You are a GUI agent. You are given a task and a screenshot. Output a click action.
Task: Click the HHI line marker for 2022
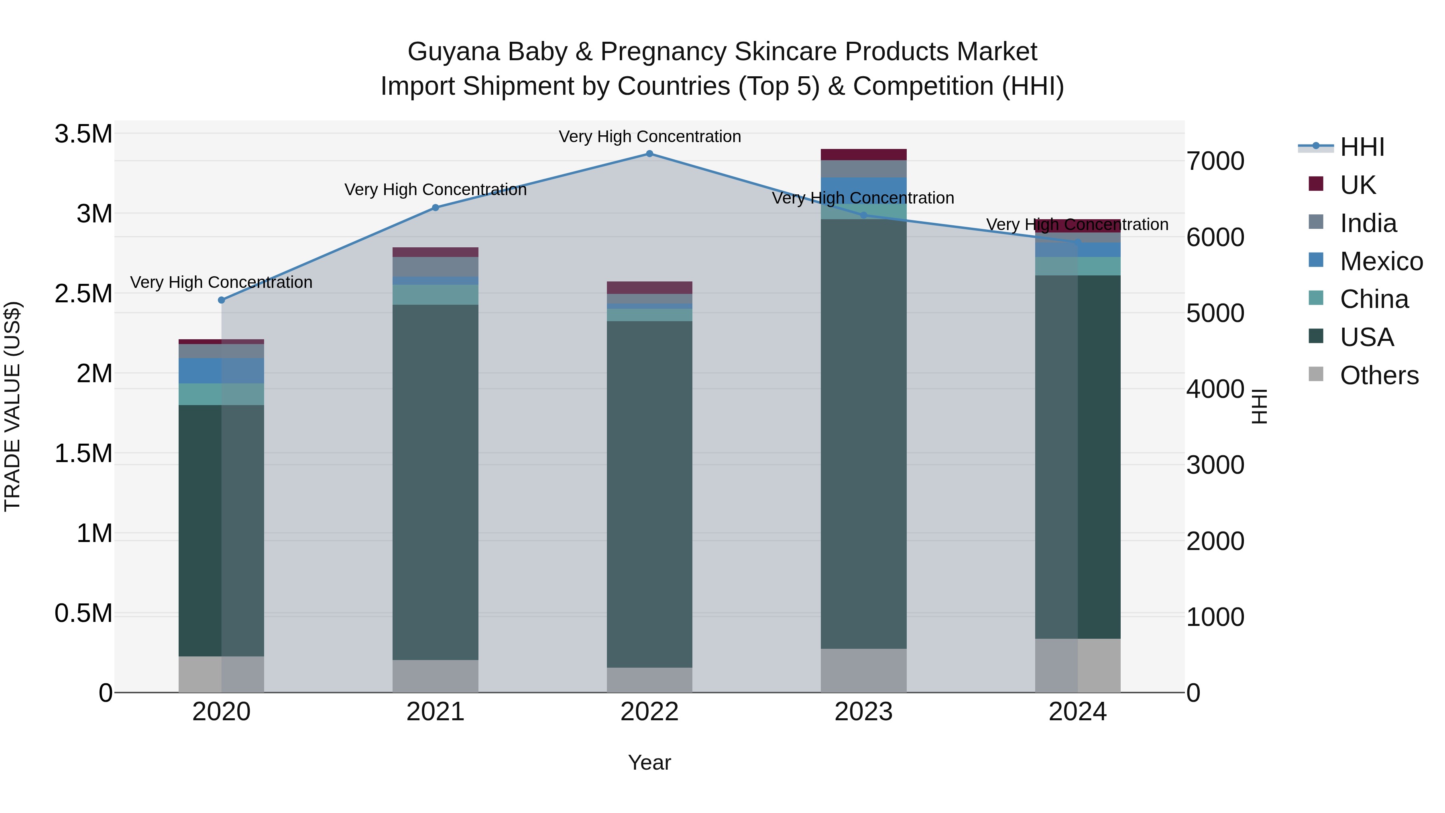click(649, 154)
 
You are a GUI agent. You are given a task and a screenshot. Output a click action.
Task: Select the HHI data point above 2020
click(222, 300)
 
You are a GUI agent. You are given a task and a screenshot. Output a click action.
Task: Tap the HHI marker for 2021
click(435, 208)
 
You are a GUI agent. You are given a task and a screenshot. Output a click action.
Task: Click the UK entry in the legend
click(1357, 185)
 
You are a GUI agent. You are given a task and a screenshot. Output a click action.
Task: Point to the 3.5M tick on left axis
click(83, 134)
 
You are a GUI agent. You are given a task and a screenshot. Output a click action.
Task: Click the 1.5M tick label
click(83, 453)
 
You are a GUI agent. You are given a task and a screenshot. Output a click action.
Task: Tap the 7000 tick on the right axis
click(1215, 161)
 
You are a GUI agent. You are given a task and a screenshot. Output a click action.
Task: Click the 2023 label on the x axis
click(863, 712)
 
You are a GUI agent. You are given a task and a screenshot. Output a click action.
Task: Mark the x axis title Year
click(649, 762)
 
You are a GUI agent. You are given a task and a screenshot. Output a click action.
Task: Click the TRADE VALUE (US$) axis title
click(12, 406)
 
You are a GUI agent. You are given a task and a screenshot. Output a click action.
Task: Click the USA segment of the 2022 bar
click(649, 494)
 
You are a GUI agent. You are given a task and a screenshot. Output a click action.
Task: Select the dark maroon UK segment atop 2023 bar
click(863, 155)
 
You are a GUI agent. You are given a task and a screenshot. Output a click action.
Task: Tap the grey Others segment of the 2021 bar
click(435, 676)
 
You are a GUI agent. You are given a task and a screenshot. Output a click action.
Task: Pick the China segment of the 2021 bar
click(435, 295)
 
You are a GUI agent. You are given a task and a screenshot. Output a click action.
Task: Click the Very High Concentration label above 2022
click(649, 137)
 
